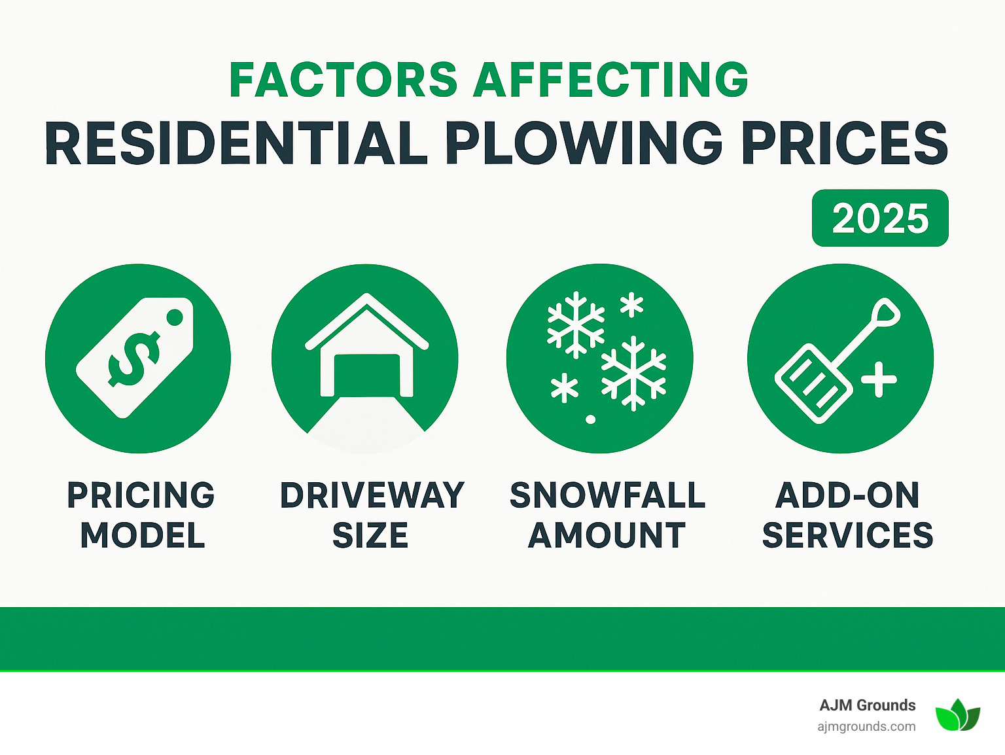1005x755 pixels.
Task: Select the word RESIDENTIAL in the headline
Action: [236, 143]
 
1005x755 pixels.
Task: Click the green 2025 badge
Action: [880, 219]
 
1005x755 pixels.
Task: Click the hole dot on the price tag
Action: [175, 317]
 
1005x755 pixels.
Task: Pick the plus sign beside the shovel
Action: [879, 379]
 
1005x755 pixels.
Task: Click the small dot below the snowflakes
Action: [590, 419]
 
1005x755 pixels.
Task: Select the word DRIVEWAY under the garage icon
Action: [372, 495]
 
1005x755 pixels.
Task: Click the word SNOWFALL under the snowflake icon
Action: [607, 495]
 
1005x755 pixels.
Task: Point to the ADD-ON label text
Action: [847, 495]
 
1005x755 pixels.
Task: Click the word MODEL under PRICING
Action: [143, 536]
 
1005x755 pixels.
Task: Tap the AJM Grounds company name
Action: [867, 705]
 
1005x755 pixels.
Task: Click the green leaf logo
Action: [957, 715]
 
